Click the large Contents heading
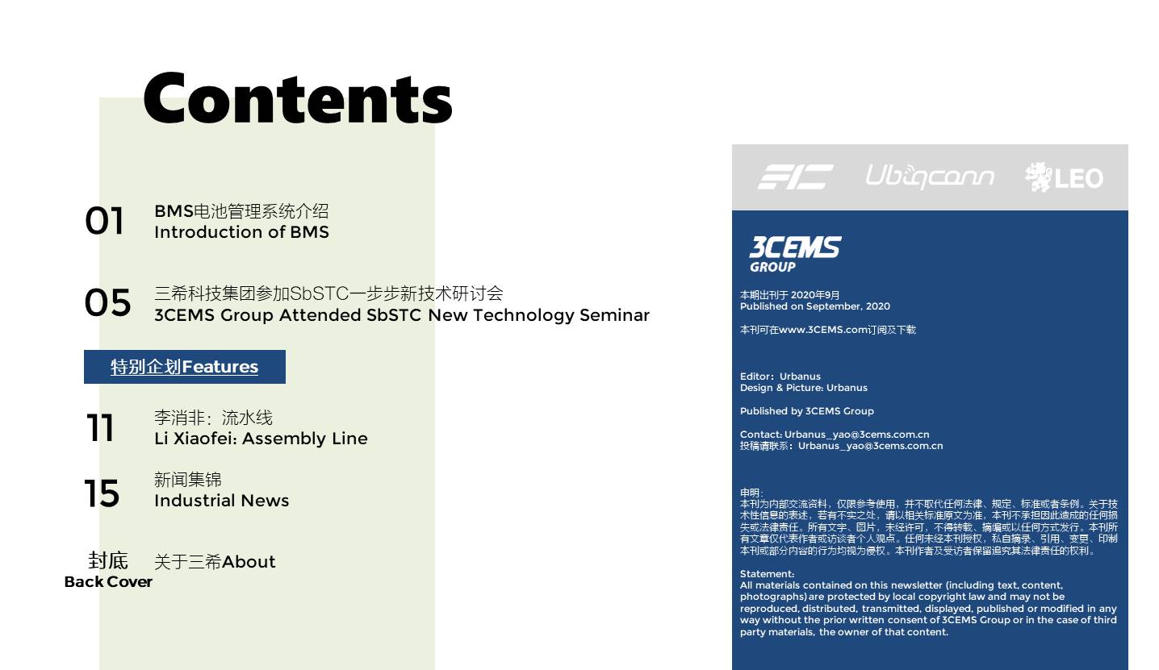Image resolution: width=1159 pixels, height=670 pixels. [298, 98]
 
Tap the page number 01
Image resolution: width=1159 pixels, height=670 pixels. [104, 221]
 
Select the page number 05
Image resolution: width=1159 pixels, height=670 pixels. [107, 302]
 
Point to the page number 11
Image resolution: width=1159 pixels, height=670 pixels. [100, 427]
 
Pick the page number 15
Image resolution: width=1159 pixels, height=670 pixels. [102, 493]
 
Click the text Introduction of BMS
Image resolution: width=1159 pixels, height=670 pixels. [241, 232]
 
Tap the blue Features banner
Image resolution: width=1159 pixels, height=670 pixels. [185, 367]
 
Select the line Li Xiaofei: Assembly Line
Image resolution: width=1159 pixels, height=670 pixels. [261, 439]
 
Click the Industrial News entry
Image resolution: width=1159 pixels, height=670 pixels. [221, 501]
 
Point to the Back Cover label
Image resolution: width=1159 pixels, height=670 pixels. [108, 582]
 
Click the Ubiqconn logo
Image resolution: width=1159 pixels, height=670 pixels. [930, 177]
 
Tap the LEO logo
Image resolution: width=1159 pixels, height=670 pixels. [1065, 177]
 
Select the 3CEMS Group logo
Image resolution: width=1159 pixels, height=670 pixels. [795, 254]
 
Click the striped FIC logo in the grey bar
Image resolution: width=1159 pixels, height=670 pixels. [795, 177]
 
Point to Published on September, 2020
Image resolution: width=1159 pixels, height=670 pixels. [815, 306]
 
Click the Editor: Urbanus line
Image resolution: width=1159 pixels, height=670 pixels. [780, 377]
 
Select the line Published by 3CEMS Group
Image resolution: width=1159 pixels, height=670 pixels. [806, 411]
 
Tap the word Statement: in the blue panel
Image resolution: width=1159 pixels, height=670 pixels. [767, 574]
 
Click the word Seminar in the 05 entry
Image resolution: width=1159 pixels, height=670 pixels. [614, 314]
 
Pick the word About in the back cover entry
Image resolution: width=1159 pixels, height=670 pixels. [249, 562]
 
